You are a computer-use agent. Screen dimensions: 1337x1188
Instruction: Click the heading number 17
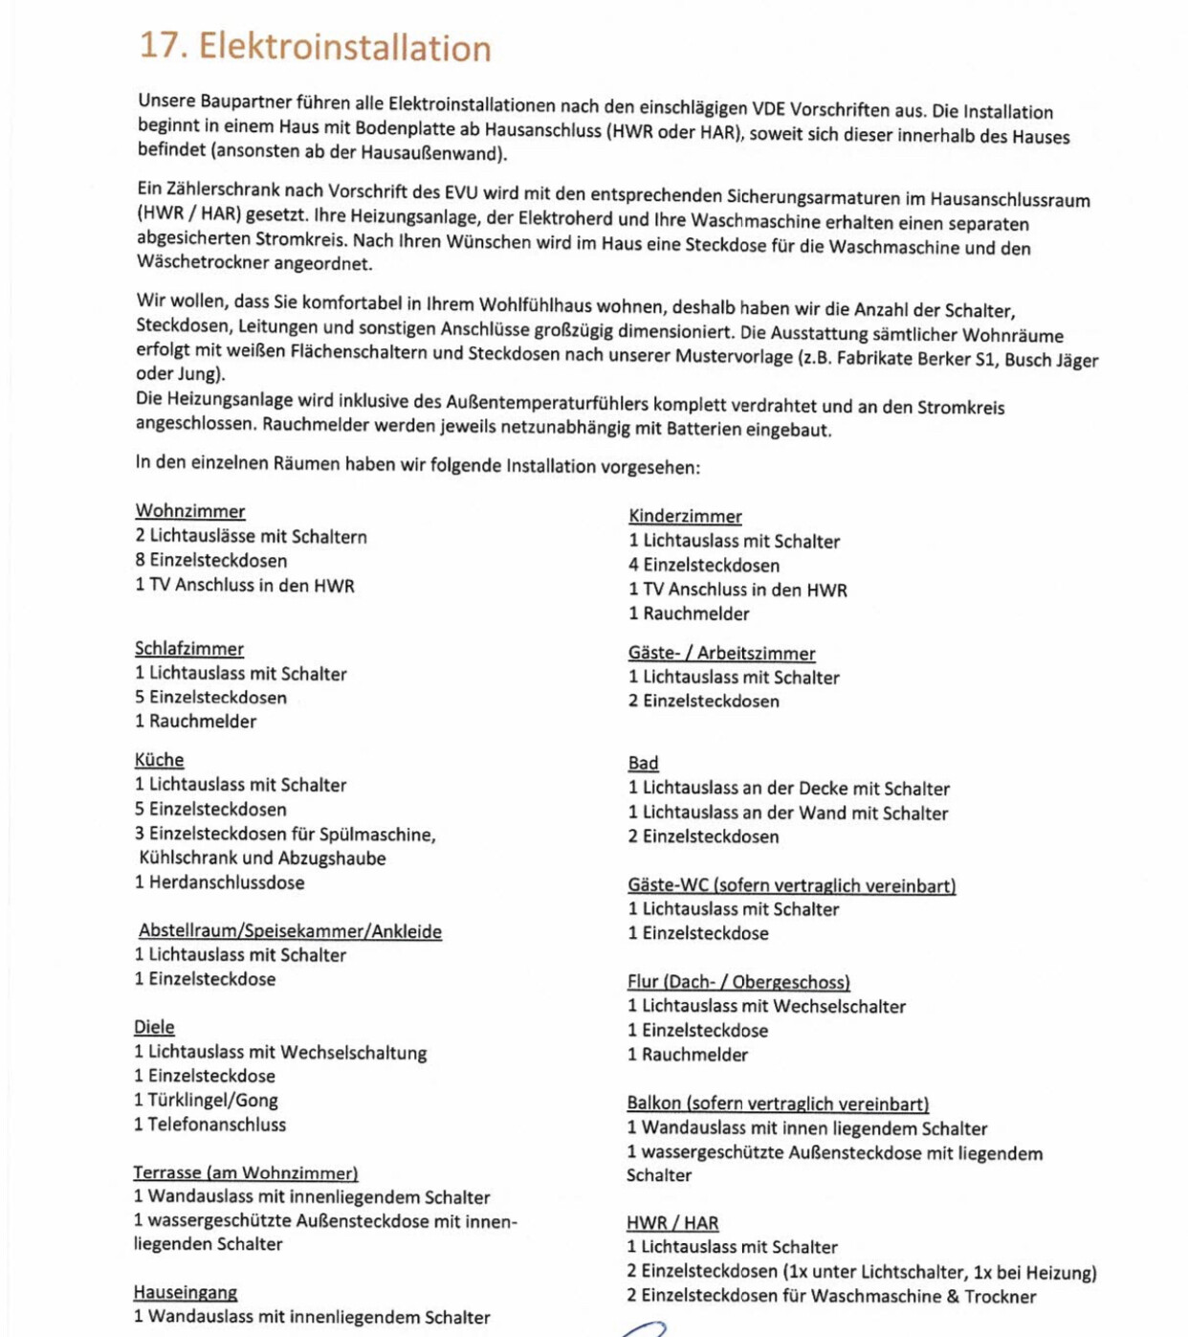pyautogui.click(x=163, y=45)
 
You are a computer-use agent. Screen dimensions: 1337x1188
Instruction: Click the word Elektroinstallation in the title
pyautogui.click(x=344, y=47)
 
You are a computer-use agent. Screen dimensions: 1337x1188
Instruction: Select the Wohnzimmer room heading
pyautogui.click(x=190, y=511)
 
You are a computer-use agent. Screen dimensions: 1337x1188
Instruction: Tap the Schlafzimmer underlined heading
pyautogui.click(x=188, y=649)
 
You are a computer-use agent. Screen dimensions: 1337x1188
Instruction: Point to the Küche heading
pyautogui.click(x=159, y=760)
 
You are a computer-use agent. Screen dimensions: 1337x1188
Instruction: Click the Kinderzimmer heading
pyautogui.click(x=685, y=516)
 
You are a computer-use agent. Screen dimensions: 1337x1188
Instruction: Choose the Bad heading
pyautogui.click(x=643, y=763)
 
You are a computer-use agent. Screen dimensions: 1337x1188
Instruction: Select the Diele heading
pyautogui.click(x=154, y=1027)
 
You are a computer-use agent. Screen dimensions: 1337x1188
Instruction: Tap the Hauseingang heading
pyautogui.click(x=185, y=1292)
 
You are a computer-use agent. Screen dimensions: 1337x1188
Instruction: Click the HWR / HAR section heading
pyautogui.click(x=672, y=1223)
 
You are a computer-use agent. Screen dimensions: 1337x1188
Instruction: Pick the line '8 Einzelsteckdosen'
pyautogui.click(x=210, y=561)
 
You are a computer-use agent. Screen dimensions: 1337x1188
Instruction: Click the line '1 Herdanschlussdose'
pyautogui.click(x=219, y=882)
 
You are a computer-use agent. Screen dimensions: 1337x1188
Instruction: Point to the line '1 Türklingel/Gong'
pyautogui.click(x=206, y=1101)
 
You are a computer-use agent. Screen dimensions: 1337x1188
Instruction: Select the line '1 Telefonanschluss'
pyautogui.click(x=209, y=1125)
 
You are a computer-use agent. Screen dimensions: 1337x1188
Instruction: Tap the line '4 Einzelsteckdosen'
pyautogui.click(x=703, y=566)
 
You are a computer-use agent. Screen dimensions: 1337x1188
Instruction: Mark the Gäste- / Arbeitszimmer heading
pyautogui.click(x=721, y=653)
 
